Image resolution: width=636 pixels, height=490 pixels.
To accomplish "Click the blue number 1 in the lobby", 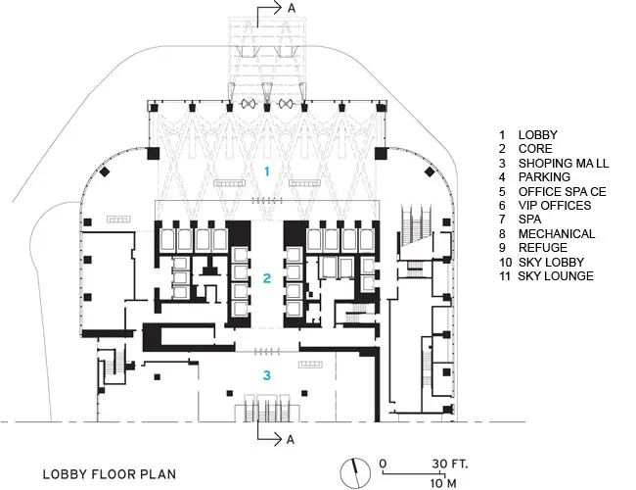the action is tap(267, 171).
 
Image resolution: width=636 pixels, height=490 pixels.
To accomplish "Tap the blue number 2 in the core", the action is tap(266, 278).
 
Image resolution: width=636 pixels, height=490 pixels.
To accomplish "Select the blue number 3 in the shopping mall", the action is tap(266, 375).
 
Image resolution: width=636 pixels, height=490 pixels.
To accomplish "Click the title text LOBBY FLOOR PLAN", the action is tap(110, 474).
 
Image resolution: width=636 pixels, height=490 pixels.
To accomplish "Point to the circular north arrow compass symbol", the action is tap(355, 473).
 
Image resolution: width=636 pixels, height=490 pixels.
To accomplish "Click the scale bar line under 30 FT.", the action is tap(414, 473).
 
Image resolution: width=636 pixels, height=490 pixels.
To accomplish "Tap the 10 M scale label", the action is tap(443, 483).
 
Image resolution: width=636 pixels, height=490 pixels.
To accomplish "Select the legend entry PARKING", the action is tap(544, 177).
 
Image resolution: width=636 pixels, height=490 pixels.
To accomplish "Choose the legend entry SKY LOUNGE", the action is tap(556, 276).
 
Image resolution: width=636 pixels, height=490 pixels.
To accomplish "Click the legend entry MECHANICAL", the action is tap(557, 234).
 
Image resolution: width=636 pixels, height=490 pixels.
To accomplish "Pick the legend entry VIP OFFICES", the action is tap(555, 206).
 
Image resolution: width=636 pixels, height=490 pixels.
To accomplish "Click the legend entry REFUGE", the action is tap(543, 248).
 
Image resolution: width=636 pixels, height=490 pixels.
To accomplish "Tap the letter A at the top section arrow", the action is tap(292, 8).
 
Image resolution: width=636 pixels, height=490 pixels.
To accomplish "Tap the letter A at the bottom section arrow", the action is tap(291, 440).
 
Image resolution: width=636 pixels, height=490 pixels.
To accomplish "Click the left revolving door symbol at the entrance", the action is tap(248, 104).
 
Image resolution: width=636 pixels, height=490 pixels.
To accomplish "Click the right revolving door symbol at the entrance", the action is tap(285, 104).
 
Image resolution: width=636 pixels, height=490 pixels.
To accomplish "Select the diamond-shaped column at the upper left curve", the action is tap(105, 171).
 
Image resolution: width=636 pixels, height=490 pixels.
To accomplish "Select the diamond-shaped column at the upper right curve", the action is tap(430, 171).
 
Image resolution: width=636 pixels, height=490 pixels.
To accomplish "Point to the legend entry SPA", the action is tap(529, 220).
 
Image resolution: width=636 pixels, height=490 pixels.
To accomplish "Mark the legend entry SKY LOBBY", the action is tap(551, 262).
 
